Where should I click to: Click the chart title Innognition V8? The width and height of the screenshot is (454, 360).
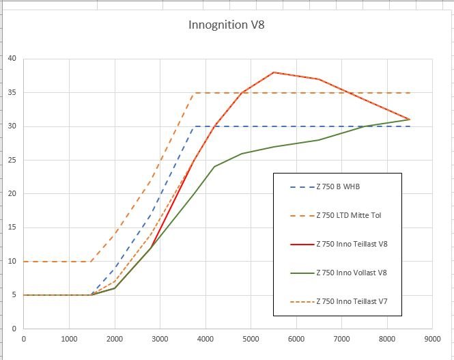[x=226, y=26]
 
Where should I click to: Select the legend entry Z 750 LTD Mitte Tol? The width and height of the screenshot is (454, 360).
[x=349, y=215]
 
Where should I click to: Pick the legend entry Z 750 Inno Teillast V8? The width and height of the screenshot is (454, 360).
[x=352, y=244]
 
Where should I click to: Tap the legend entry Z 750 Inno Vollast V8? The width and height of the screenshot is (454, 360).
[x=352, y=273]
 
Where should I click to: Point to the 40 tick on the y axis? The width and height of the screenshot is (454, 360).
[x=12, y=59]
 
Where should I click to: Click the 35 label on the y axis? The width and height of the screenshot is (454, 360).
[x=12, y=93]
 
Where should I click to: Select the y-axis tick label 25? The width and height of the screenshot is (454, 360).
[x=12, y=161]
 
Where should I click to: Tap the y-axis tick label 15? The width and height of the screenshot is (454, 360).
[x=12, y=228]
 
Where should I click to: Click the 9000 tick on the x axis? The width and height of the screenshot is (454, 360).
[x=431, y=337]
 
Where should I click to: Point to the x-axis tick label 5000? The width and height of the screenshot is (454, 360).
[x=251, y=337]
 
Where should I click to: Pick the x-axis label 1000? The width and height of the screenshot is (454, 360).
[x=69, y=337]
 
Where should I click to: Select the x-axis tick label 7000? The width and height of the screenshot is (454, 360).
[x=341, y=337]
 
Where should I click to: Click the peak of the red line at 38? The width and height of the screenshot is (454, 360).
[x=273, y=72]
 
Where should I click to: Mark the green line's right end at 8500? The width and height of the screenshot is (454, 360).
[x=409, y=120]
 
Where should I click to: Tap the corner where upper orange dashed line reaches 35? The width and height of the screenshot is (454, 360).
[x=193, y=93]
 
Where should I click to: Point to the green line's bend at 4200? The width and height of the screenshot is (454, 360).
[x=214, y=167]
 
